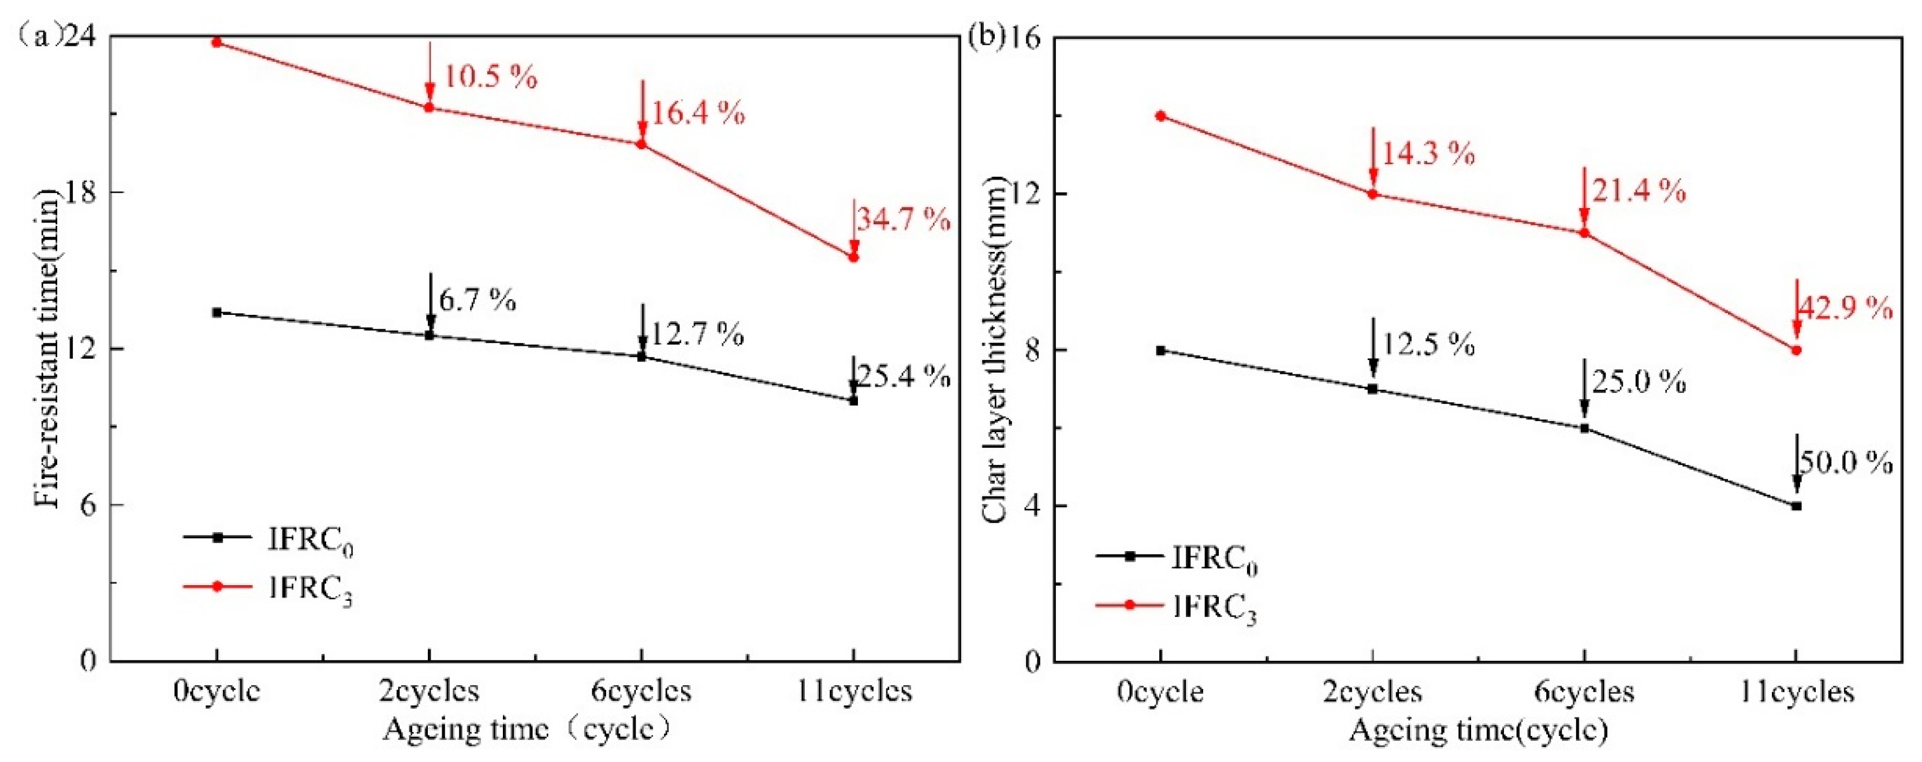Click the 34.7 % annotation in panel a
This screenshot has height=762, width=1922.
point(903,220)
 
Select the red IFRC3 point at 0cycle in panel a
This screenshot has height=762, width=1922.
point(217,43)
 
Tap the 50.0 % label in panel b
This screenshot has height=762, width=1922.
point(1845,463)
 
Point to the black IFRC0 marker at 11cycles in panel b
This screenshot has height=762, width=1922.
point(1797,506)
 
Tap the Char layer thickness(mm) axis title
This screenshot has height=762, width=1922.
point(995,350)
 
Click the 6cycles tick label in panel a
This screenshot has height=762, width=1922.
point(641,690)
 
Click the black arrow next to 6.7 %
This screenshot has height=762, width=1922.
point(431,302)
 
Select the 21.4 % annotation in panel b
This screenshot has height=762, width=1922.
point(1639,192)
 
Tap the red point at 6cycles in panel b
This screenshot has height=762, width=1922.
point(1584,233)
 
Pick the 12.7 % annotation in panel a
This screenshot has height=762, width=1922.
point(697,334)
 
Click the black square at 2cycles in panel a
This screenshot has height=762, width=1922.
point(429,335)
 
